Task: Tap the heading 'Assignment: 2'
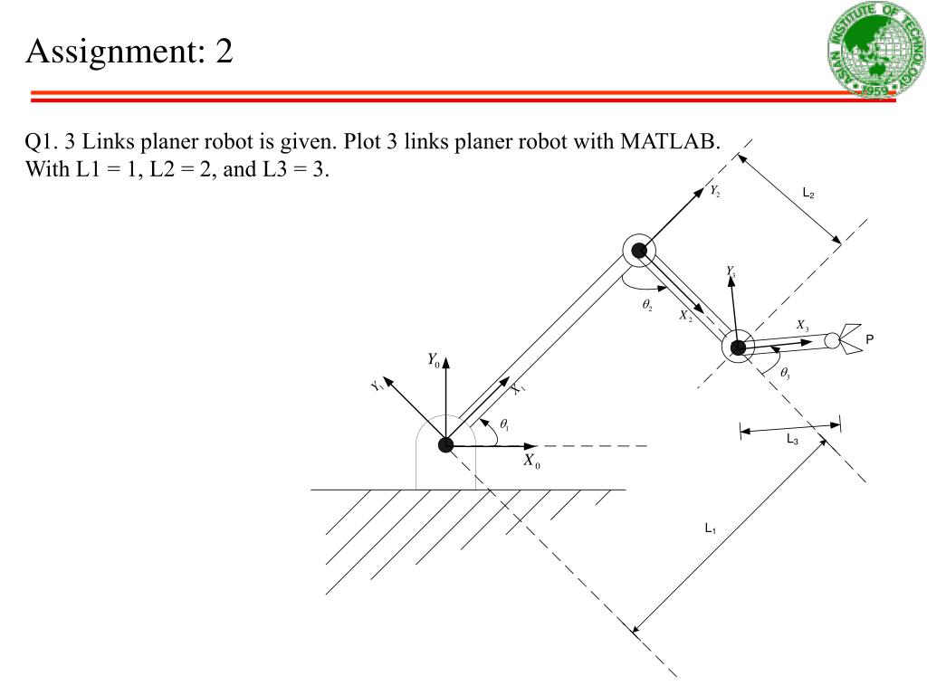point(129,51)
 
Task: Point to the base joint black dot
point(445,444)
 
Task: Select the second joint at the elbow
point(639,251)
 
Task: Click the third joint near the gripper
point(738,347)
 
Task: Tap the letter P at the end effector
point(870,339)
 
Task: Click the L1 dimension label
point(711,528)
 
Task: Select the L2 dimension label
point(808,193)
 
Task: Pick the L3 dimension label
point(791,440)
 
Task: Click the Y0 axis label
point(434,360)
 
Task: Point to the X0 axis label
point(531,461)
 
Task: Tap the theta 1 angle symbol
point(504,424)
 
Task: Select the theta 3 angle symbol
point(785,373)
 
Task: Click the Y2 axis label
point(714,191)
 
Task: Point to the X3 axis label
point(802,325)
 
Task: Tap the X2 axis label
point(685,315)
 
